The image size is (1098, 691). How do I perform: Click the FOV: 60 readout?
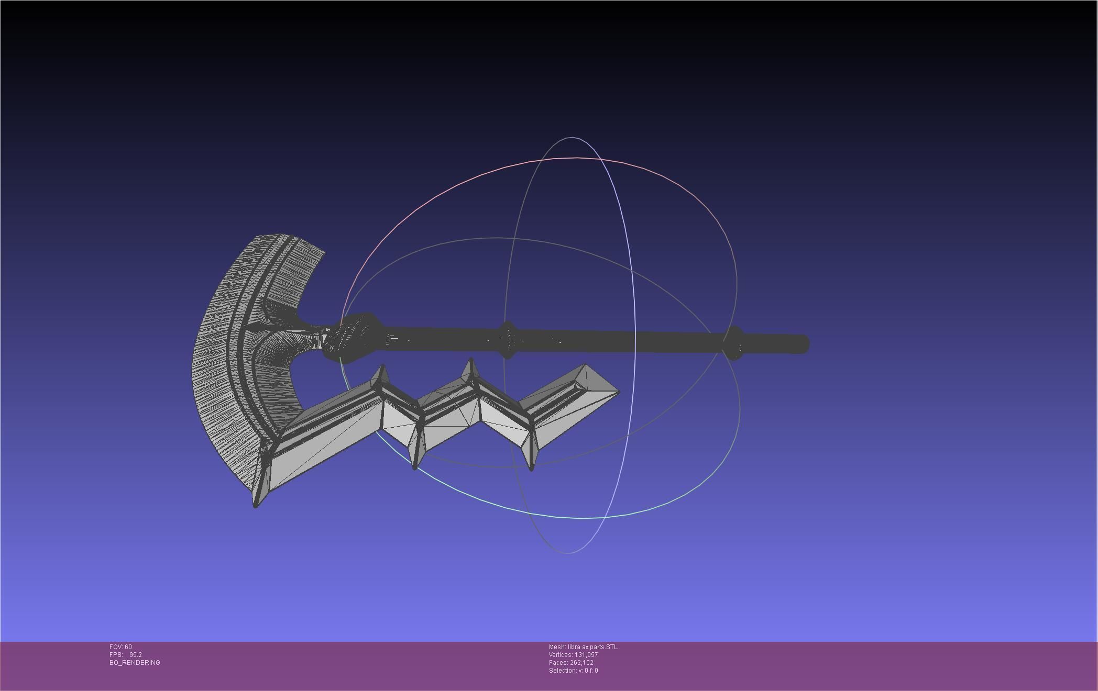[120, 647]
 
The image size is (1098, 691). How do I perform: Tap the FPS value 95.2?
[135, 655]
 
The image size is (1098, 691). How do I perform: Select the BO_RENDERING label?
[135, 663]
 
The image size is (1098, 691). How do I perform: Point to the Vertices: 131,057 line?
[573, 655]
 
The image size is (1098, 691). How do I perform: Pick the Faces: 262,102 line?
[571, 663]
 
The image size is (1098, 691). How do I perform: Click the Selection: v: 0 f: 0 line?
[573, 671]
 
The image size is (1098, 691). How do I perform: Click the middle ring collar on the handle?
[507, 341]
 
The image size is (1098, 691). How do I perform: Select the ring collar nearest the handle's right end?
[734, 343]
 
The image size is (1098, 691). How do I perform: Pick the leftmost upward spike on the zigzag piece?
[382, 368]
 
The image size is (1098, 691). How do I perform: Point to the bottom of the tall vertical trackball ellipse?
[568, 553]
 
